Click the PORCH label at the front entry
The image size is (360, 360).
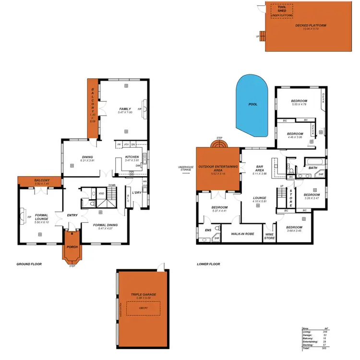pos(72,248)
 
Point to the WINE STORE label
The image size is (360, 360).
pos(270,236)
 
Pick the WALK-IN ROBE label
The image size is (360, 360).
pos(242,234)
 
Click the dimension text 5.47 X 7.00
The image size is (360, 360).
pos(125,112)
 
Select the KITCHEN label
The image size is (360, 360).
pos(132,157)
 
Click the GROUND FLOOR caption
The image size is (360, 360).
pos(30,264)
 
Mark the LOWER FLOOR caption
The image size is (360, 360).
pos(209,264)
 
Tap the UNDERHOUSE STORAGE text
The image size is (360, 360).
pos(185,168)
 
